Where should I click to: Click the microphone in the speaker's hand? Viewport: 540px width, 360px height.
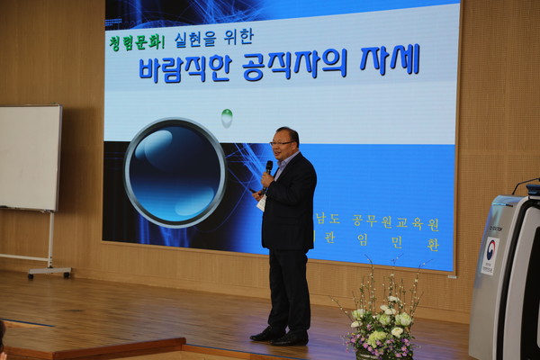click(x=268, y=168)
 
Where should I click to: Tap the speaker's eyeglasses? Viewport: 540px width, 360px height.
click(x=282, y=143)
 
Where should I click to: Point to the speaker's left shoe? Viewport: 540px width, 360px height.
click(x=292, y=339)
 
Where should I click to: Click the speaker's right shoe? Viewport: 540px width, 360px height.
click(x=267, y=334)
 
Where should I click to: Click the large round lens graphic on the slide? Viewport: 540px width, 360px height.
click(x=175, y=172)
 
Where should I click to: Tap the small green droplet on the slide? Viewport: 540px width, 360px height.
click(x=227, y=117)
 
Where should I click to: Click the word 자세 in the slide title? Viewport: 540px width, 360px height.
click(x=390, y=60)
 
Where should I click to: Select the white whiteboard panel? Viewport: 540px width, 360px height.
click(x=30, y=157)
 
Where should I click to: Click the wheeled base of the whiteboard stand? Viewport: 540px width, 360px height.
click(x=49, y=270)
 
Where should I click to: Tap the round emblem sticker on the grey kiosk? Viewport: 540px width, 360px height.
click(x=490, y=249)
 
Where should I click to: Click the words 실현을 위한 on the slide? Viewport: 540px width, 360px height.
click(x=226, y=38)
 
